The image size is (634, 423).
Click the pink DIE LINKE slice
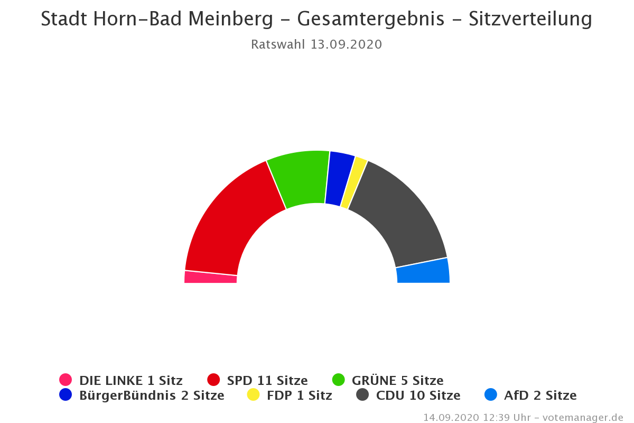(210, 277)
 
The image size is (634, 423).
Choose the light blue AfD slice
(423, 271)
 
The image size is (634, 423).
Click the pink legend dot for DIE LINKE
(66, 380)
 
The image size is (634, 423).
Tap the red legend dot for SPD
(213, 380)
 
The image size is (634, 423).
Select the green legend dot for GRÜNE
(338, 380)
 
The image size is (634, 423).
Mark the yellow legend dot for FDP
(254, 394)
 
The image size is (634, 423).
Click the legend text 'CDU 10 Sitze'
(418, 395)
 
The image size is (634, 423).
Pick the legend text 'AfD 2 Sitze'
(540, 395)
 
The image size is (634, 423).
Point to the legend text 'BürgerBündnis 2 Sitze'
(152, 395)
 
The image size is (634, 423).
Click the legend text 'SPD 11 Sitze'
(267, 380)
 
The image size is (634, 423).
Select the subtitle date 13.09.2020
(346, 44)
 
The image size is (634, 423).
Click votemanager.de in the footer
(583, 417)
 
